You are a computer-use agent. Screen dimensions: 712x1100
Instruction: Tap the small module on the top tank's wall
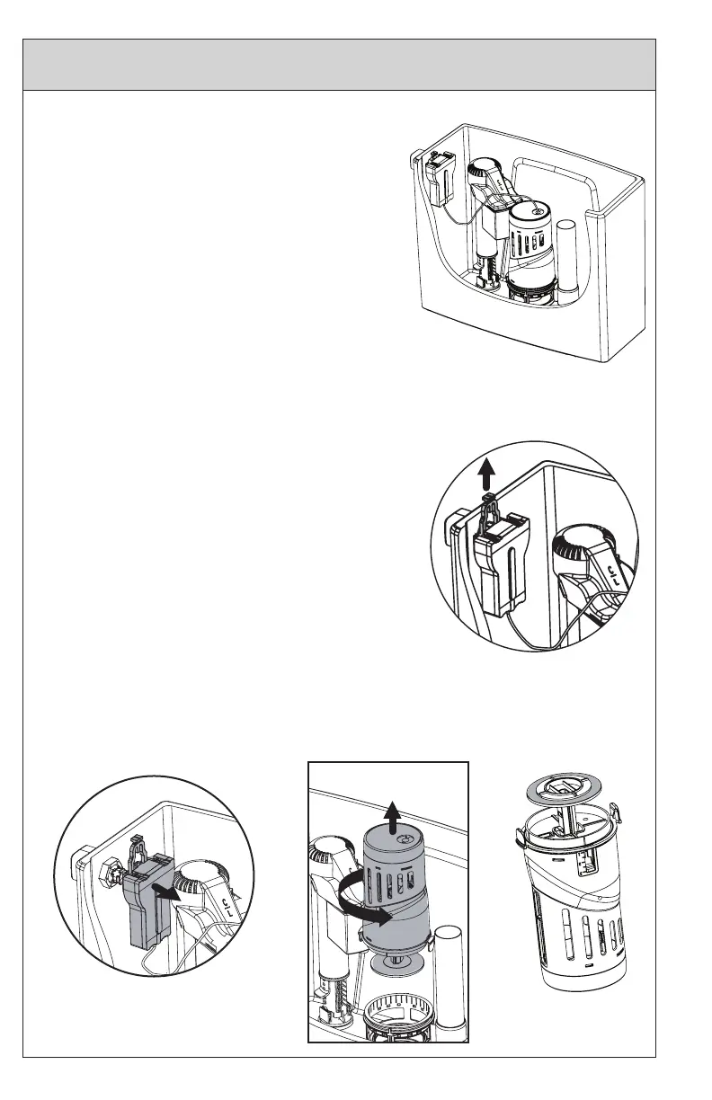click(x=441, y=180)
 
